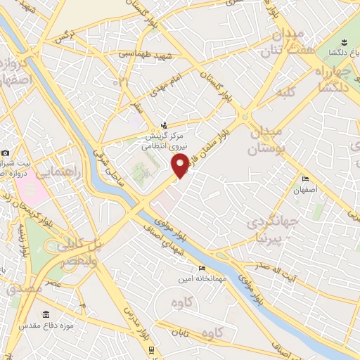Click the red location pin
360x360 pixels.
(x=180, y=165)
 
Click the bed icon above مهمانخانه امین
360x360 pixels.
(x=202, y=268)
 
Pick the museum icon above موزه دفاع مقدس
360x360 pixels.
(x=46, y=314)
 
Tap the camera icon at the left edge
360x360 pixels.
(x=6, y=153)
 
